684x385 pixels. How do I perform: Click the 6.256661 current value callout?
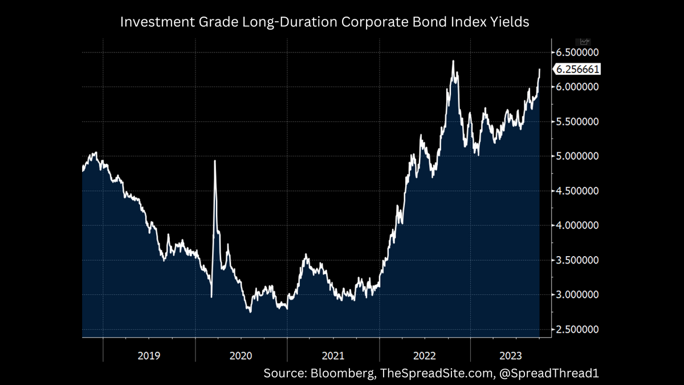click(x=577, y=70)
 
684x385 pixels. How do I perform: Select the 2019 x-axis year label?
click(x=149, y=355)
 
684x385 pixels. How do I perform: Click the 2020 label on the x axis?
click(x=241, y=355)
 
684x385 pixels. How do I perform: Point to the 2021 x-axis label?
click(x=333, y=355)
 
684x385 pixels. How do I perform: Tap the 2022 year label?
click(x=425, y=355)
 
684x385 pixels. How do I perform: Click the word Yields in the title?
click(x=510, y=23)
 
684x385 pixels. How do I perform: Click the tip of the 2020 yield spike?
click(x=215, y=161)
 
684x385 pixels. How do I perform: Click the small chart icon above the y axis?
click(x=585, y=42)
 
